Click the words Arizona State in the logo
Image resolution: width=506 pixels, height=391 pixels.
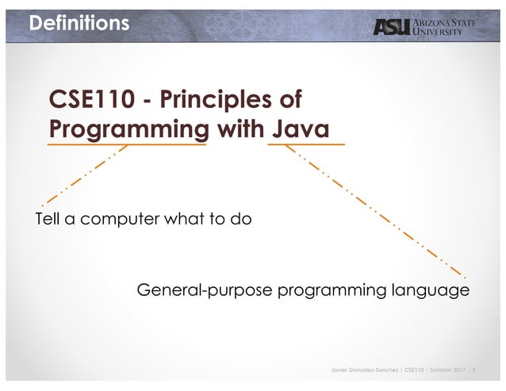446,21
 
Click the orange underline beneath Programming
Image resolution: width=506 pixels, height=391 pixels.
127,145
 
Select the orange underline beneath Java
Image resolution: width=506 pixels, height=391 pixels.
306,145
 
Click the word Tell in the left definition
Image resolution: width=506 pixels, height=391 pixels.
48,219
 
